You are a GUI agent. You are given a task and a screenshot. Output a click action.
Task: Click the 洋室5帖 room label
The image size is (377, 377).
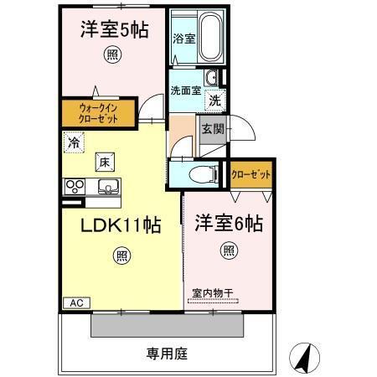click(115, 31)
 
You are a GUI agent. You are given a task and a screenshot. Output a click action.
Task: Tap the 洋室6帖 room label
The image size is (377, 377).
click(230, 224)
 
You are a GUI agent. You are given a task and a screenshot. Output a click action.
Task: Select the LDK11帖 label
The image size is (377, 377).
click(120, 226)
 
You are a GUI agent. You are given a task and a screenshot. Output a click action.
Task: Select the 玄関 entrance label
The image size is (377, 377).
click(213, 129)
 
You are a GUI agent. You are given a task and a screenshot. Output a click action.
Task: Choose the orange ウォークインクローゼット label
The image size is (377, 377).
click(99, 113)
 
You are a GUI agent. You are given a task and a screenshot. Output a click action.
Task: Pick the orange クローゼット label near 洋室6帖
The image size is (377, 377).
click(251, 174)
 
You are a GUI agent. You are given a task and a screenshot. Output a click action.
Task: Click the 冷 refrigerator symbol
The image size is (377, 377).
click(74, 143)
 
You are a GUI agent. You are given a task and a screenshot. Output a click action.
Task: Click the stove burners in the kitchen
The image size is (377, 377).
click(74, 186)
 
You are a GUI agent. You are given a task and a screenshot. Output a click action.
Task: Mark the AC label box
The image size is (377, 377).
click(75, 302)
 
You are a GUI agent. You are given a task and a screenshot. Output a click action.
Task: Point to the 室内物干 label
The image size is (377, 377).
click(212, 292)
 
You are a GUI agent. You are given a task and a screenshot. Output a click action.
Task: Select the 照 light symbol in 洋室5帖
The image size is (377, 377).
click(111, 56)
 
